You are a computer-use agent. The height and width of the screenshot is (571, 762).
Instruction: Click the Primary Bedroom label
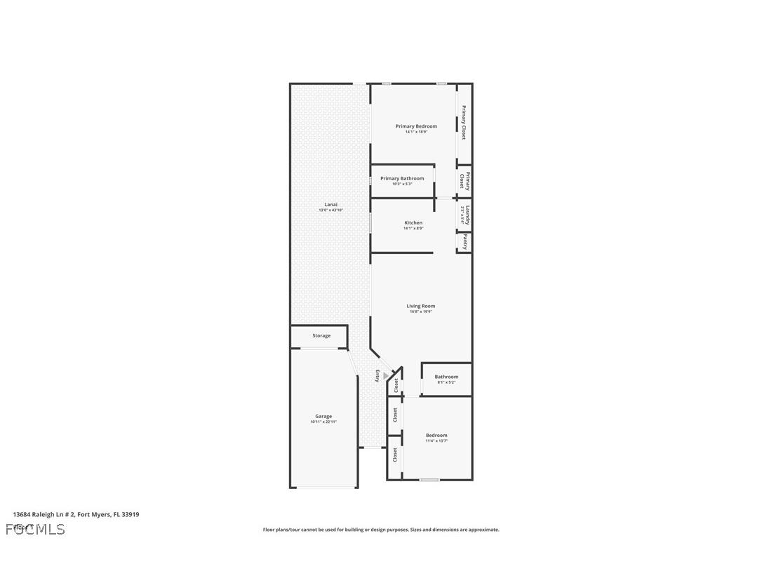416,126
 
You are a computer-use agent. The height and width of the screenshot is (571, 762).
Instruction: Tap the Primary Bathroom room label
402,178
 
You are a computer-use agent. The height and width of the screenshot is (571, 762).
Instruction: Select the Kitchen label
413,222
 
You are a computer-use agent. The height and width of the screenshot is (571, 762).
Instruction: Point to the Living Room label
421,306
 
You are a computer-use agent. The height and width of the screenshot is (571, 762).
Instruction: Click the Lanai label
330,204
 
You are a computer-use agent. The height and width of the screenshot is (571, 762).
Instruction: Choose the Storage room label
321,336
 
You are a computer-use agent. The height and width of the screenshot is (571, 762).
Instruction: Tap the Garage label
323,416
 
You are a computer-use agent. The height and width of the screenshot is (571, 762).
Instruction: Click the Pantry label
464,242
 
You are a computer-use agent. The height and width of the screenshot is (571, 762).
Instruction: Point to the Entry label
377,375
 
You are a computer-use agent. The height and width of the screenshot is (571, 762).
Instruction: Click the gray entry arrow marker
385,376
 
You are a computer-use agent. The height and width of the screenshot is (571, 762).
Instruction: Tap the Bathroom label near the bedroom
446,377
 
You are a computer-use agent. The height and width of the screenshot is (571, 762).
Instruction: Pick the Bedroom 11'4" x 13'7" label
436,436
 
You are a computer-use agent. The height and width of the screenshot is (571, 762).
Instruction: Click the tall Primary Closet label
464,122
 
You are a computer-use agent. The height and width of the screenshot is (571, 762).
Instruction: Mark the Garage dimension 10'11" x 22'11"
323,422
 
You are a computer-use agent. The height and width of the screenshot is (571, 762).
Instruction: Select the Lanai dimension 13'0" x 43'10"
330,210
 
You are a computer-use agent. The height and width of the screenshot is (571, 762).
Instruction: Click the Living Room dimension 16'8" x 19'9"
421,312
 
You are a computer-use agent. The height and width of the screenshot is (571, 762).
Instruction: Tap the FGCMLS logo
35,529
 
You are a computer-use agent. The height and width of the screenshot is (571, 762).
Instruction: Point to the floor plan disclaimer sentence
381,530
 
